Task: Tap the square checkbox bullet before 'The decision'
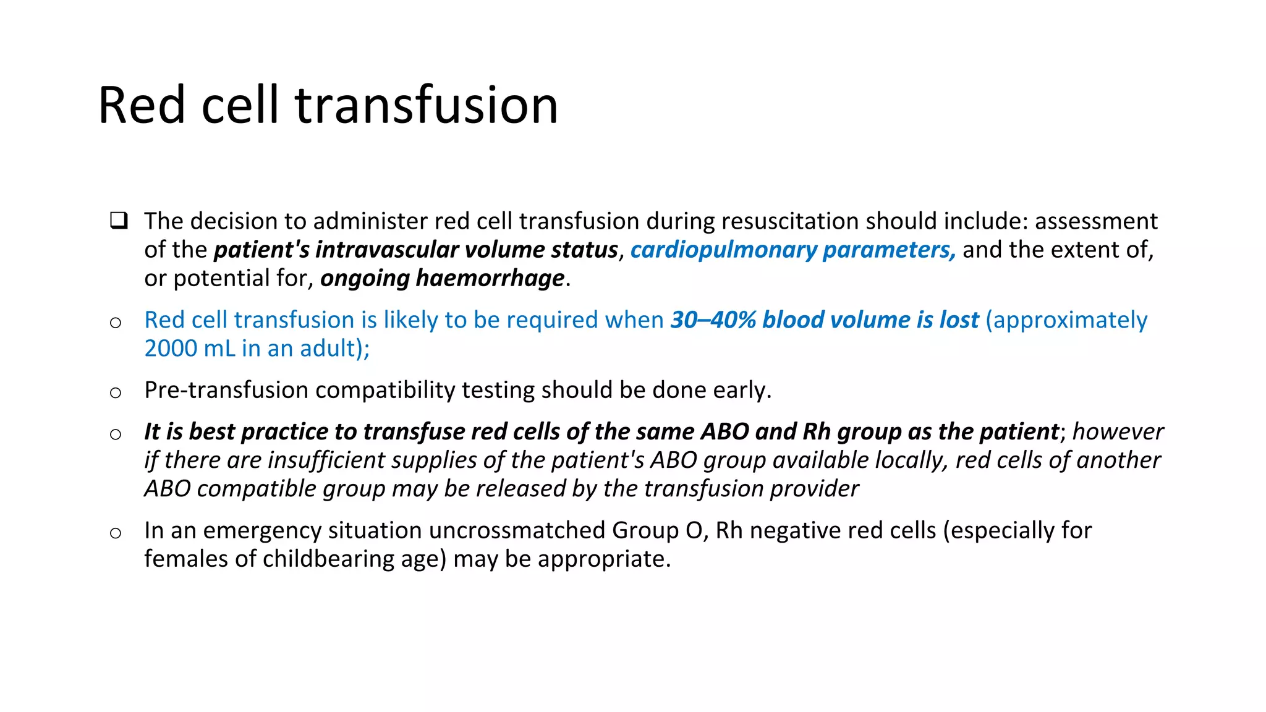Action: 119,221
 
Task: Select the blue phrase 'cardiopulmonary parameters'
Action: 792,250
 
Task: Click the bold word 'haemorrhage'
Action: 490,278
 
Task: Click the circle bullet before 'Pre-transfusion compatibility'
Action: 116,392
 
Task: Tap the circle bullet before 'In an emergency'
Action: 116,533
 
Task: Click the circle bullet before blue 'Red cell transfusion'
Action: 116,323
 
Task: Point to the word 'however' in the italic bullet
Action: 1118,431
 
